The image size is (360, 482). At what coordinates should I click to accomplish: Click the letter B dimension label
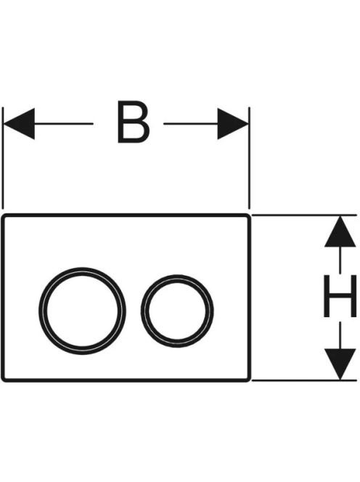pyautogui.click(x=134, y=123)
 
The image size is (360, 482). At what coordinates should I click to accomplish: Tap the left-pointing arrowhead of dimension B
pyautogui.click(x=18, y=123)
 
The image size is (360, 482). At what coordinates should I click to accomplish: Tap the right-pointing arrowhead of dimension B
pyautogui.click(x=233, y=123)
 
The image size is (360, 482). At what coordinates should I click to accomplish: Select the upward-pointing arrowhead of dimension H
pyautogui.click(x=340, y=231)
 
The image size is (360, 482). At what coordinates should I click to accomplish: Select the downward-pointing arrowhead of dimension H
pyautogui.click(x=340, y=364)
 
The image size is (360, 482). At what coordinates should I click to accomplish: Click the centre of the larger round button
pyautogui.click(x=82, y=311)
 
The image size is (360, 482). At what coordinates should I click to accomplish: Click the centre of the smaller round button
pyautogui.click(x=177, y=311)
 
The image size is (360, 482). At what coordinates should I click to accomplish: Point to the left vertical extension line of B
pyautogui.click(x=3, y=158)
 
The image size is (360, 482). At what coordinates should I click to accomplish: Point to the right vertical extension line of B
pyautogui.click(x=250, y=158)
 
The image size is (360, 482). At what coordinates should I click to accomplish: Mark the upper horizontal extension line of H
pyautogui.click(x=304, y=215)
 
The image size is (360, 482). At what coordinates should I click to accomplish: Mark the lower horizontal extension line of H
pyautogui.click(x=304, y=380)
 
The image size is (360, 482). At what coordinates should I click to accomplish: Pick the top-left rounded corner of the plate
pyautogui.click(x=4, y=216)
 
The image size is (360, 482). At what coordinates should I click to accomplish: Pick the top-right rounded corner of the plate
pyautogui.click(x=248, y=216)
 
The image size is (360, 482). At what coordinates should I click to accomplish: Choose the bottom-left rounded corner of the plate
pyautogui.click(x=4, y=380)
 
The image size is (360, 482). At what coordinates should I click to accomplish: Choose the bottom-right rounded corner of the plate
pyautogui.click(x=248, y=380)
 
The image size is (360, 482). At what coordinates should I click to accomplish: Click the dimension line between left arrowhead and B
pyautogui.click(x=64, y=123)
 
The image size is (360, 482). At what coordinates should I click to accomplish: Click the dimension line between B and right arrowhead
pyautogui.click(x=191, y=123)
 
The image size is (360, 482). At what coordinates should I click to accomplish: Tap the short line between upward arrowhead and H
pyautogui.click(x=340, y=259)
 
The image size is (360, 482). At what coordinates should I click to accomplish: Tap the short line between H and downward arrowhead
pyautogui.click(x=340, y=335)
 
